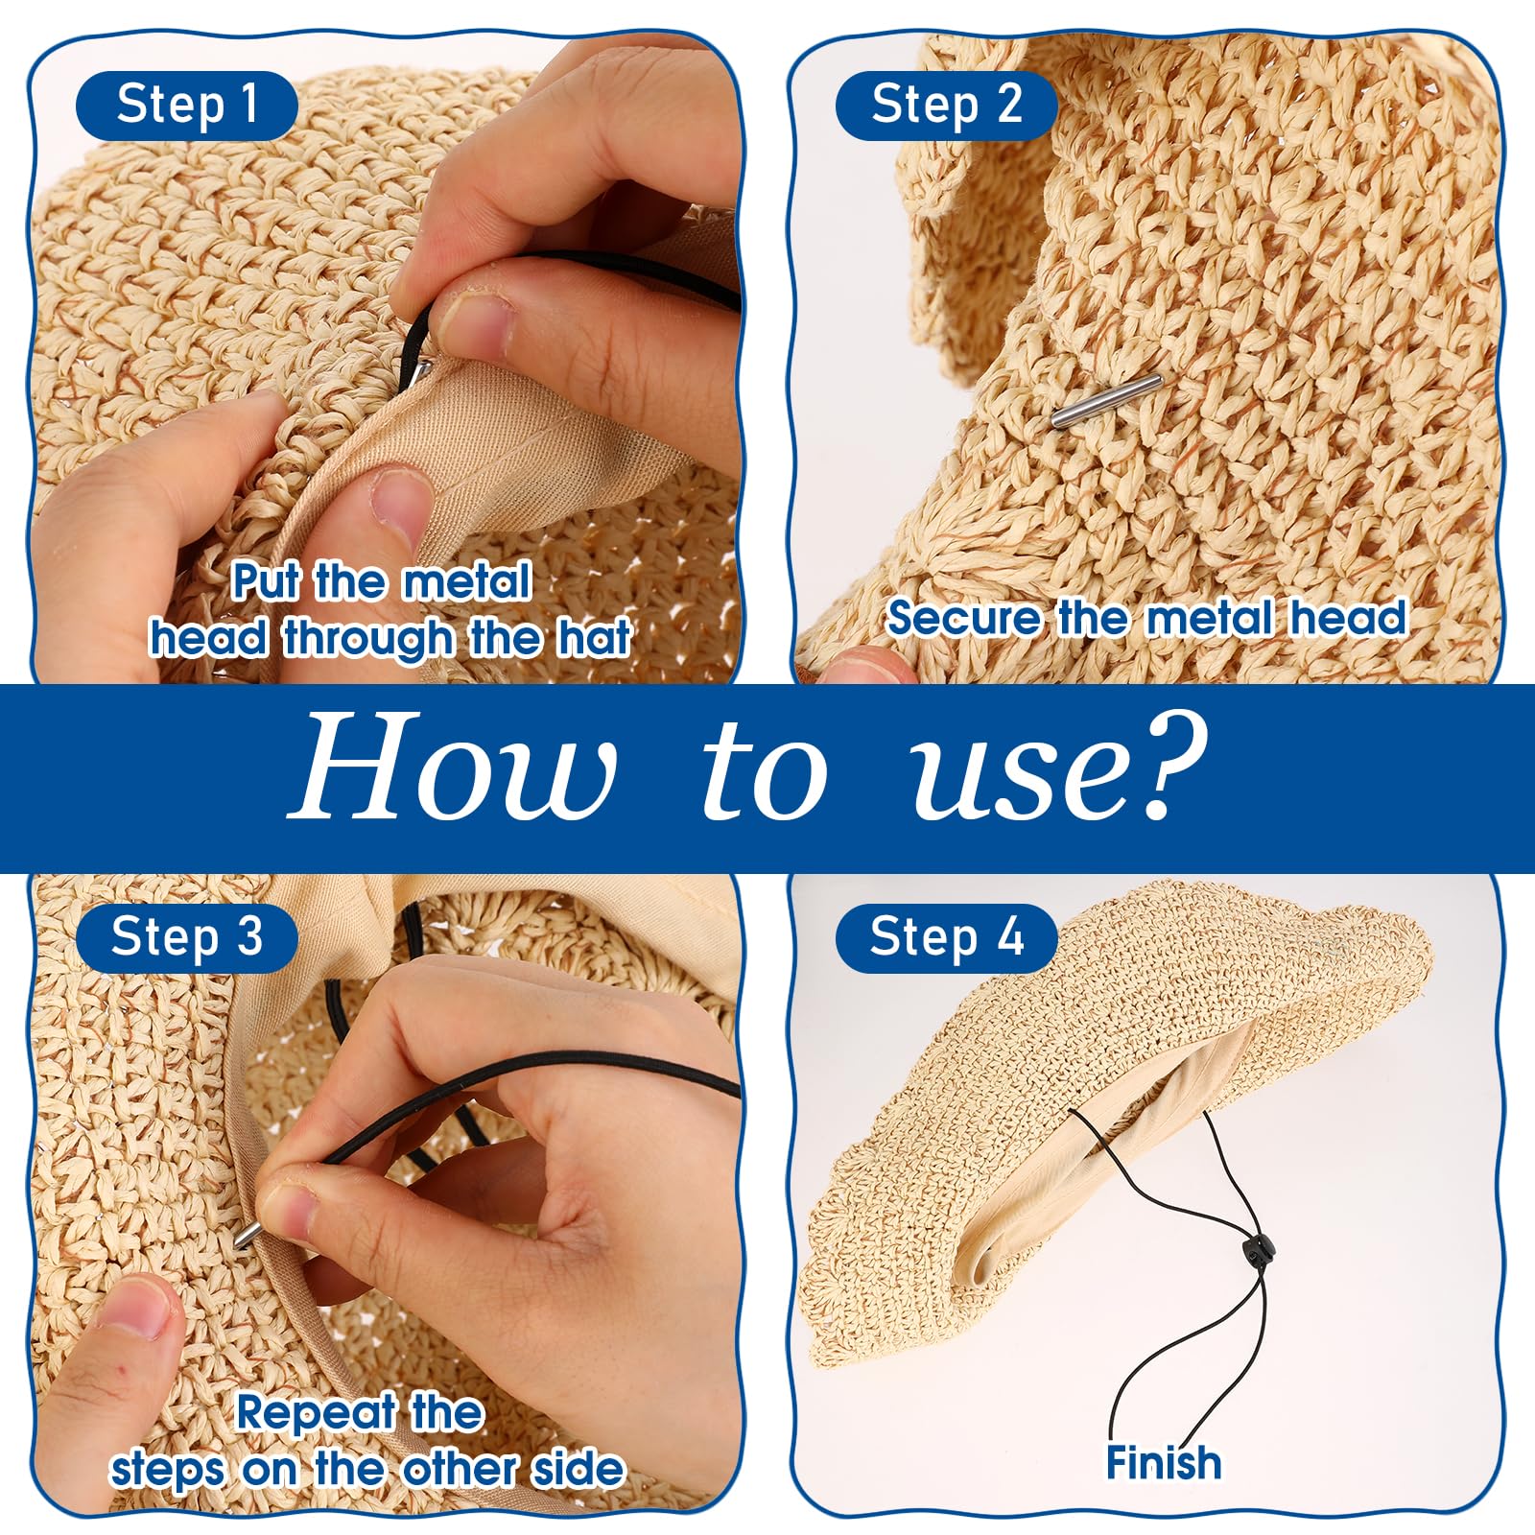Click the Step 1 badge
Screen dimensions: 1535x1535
click(x=187, y=105)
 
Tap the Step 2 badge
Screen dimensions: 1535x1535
click(x=946, y=105)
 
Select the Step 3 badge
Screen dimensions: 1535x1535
click(x=187, y=937)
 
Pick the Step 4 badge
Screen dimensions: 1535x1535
click(x=946, y=937)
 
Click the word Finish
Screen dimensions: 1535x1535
click(x=1164, y=1463)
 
